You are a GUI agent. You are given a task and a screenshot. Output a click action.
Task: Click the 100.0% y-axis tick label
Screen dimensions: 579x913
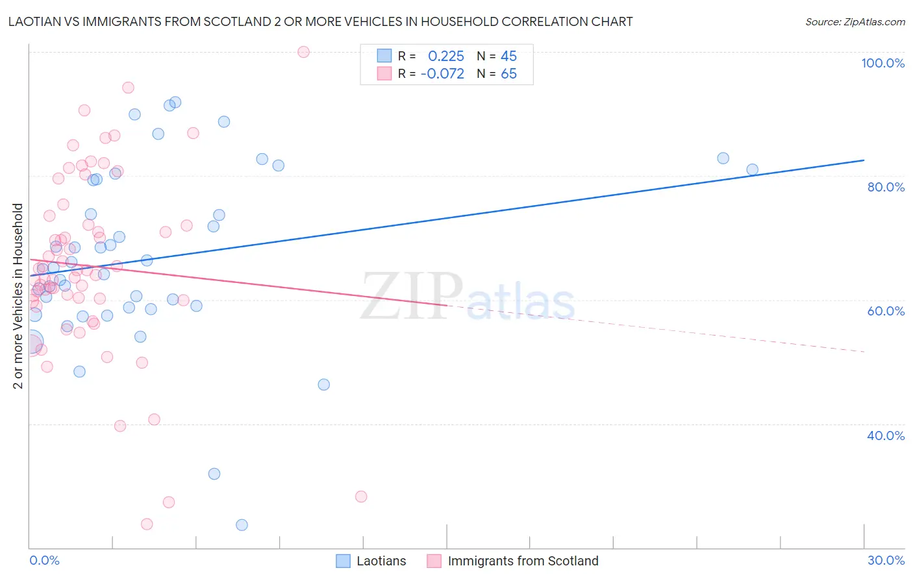(x=882, y=63)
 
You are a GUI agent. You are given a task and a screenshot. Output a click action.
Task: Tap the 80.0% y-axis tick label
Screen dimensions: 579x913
(x=886, y=187)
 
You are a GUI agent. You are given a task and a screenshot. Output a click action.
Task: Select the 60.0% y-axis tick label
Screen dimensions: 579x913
(x=886, y=311)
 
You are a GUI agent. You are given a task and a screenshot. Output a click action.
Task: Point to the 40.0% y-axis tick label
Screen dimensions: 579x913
(x=886, y=436)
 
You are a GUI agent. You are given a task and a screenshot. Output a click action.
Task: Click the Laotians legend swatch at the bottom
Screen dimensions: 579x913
(x=344, y=561)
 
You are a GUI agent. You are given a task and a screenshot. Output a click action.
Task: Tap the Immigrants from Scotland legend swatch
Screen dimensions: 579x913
(x=434, y=561)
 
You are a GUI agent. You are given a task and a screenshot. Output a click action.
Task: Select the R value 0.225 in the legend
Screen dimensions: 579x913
(x=446, y=56)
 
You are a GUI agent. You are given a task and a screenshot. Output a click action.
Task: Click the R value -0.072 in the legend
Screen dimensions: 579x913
(x=442, y=74)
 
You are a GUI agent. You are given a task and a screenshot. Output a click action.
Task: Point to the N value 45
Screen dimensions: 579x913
(x=508, y=56)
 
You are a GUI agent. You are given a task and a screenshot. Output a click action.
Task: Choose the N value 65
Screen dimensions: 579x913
(x=508, y=74)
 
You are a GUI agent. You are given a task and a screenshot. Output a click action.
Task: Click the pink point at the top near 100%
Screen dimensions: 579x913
(x=303, y=52)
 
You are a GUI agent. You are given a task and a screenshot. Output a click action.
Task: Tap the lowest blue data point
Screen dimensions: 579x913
(x=242, y=524)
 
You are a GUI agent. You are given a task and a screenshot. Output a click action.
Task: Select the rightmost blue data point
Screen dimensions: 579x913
(x=752, y=169)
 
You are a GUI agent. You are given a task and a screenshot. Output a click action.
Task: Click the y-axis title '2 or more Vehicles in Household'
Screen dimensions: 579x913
(x=18, y=296)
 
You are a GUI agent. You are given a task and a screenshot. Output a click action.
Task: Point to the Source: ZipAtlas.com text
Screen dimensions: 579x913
(x=855, y=22)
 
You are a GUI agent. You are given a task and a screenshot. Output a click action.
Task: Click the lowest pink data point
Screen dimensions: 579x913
(x=147, y=524)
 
